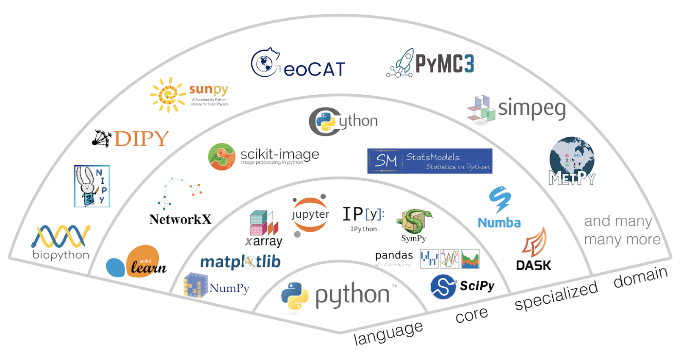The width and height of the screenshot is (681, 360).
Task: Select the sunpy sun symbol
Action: pos(168,94)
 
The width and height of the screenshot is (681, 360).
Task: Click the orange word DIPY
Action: pos(141,139)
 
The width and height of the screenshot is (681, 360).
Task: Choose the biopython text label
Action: pos(61,255)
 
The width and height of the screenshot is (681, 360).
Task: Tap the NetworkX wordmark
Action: pos(180,219)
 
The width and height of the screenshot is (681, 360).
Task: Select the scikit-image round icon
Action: pos(221,157)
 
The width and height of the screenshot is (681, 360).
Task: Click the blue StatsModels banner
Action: pos(429,161)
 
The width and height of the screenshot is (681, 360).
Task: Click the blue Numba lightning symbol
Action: pos(500,199)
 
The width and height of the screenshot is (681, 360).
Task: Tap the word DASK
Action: pos(533,266)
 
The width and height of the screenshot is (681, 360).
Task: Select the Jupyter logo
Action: pos(310,215)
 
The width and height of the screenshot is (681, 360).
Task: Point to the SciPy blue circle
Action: pos(443,287)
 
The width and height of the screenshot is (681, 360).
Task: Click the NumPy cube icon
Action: pos(195,285)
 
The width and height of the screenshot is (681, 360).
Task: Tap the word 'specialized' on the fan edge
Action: pos(556,296)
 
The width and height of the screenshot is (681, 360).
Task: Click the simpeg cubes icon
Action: pos(481,109)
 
